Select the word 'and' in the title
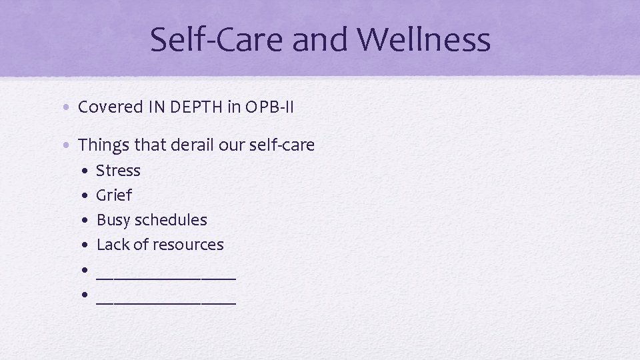(321, 39)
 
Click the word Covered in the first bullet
(110, 107)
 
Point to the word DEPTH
(197, 107)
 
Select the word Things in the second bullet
(103, 145)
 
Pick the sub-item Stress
(118, 171)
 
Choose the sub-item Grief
(114, 195)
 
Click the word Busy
(114, 220)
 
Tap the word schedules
(171, 220)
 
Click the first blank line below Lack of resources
(166, 276)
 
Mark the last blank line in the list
(166, 301)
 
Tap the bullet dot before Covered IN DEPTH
(69, 107)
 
